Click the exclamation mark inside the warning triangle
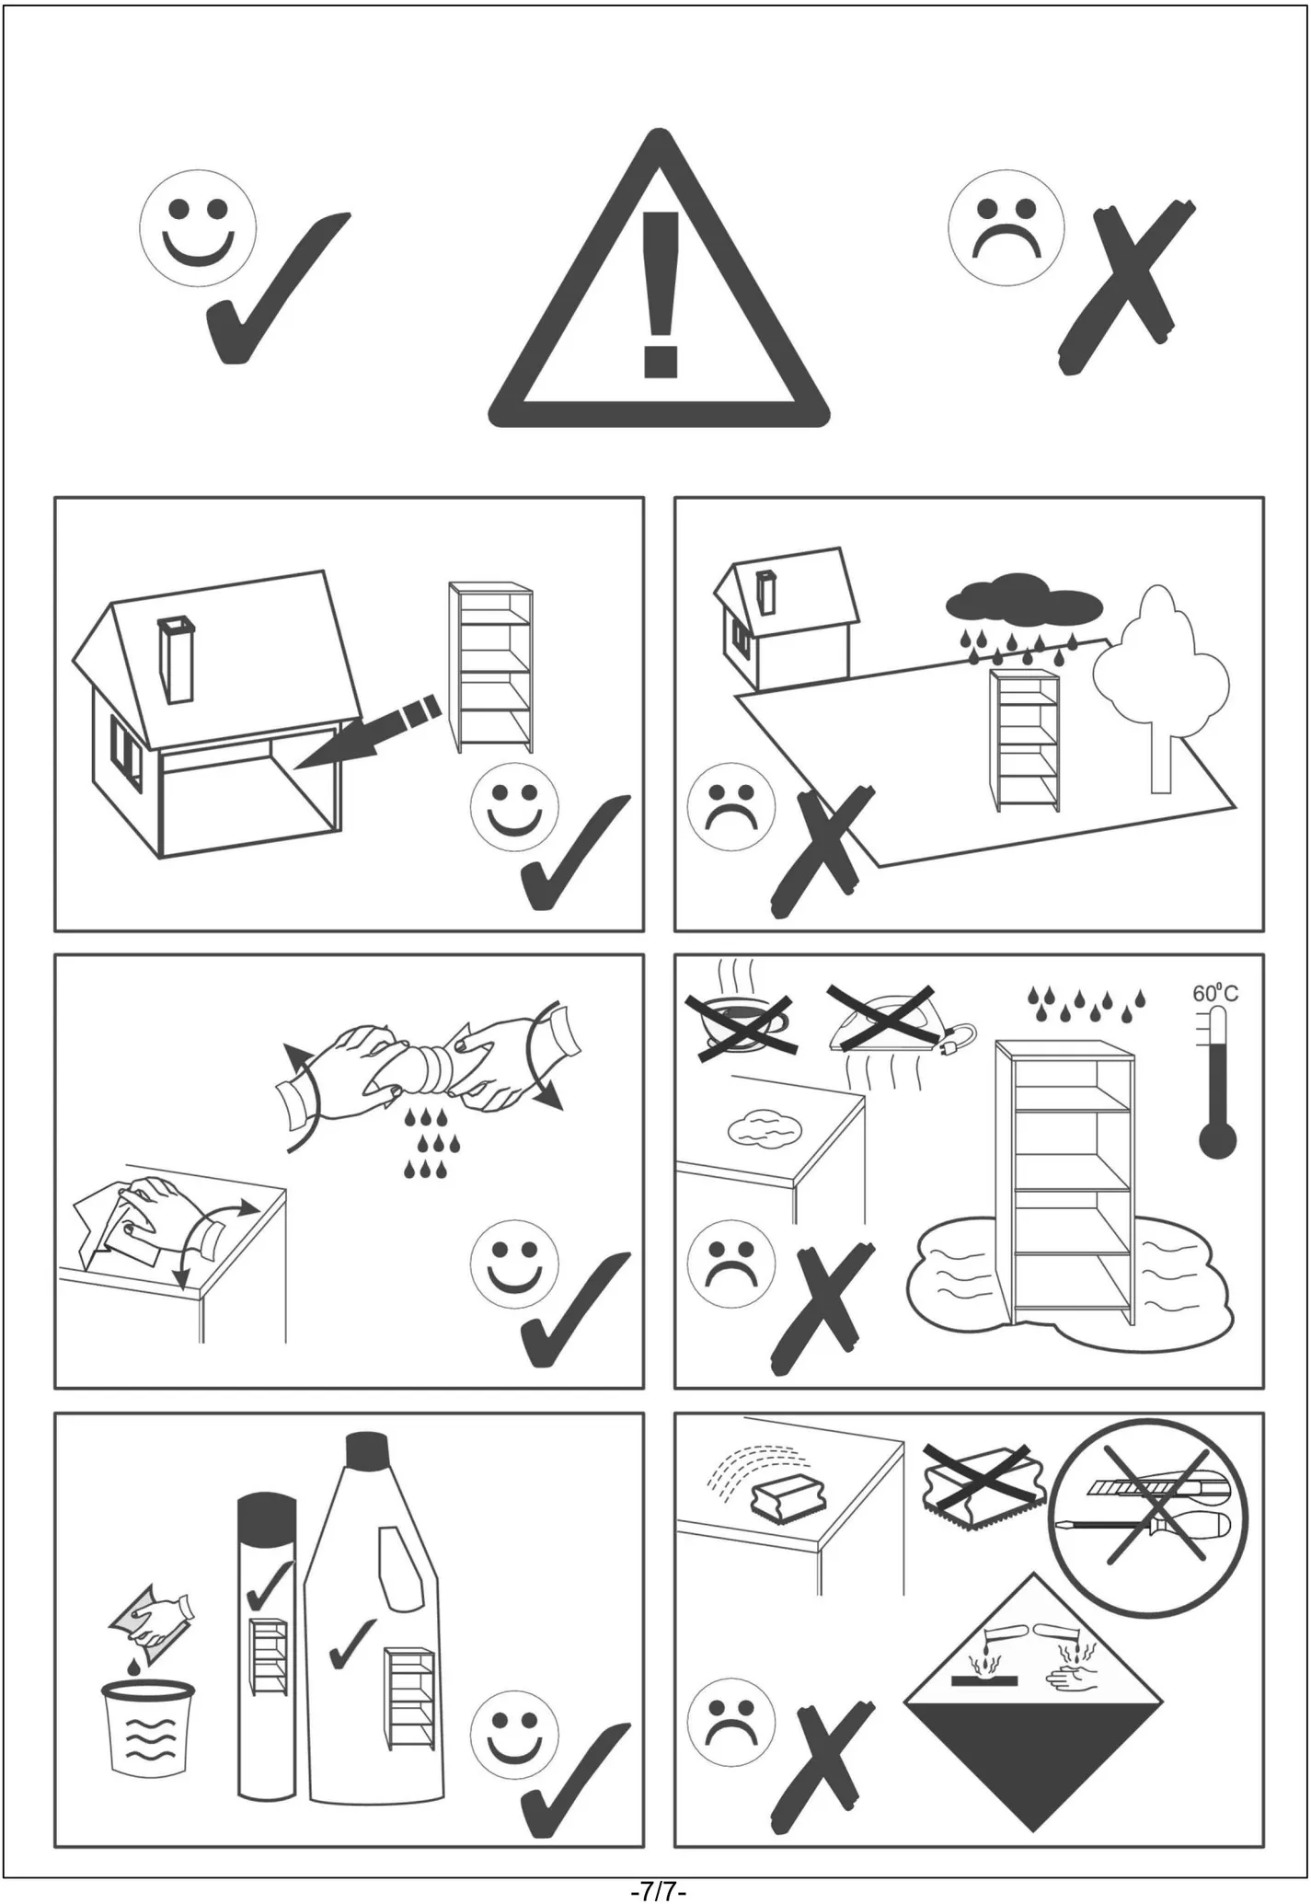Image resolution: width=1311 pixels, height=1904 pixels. tap(661, 294)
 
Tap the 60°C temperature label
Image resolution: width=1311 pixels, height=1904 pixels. tap(1215, 994)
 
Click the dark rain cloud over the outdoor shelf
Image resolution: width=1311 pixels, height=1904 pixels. tap(1024, 597)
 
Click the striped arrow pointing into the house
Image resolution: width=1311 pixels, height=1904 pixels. tap(370, 732)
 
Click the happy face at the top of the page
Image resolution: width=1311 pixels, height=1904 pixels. tap(198, 226)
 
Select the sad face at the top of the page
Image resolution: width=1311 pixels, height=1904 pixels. tap(1006, 226)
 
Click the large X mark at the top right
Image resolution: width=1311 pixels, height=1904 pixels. tap(1126, 288)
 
